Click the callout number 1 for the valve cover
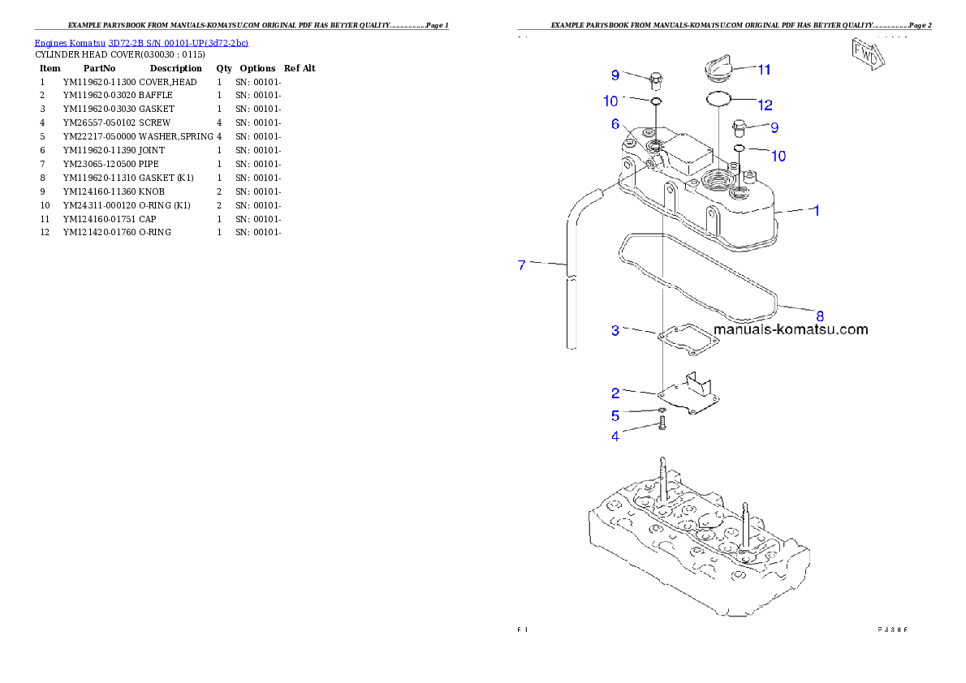816,210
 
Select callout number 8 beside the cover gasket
819,316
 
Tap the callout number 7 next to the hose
522,264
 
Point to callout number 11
764,70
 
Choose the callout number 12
765,105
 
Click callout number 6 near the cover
615,124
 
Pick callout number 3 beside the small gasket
615,330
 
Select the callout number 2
615,393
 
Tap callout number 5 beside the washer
615,415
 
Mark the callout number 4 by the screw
615,436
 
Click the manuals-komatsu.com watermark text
791,329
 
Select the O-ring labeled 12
718,99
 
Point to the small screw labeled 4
662,423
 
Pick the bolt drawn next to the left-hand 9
655,79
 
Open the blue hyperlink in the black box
141,42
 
